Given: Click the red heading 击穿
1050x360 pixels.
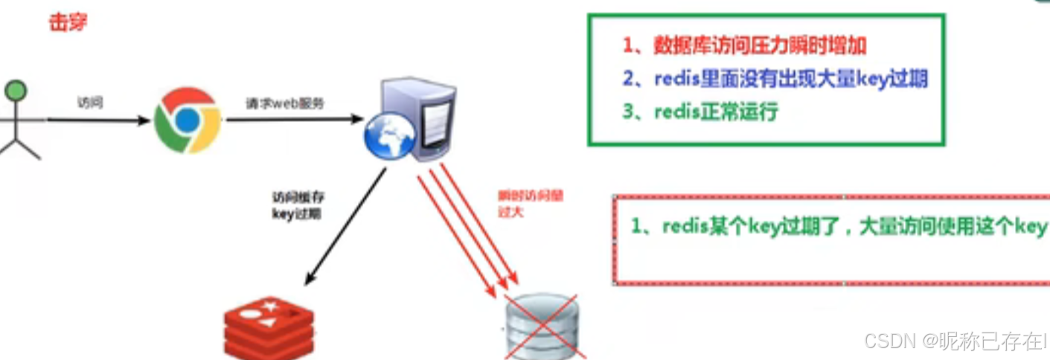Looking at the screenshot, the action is click(x=68, y=22).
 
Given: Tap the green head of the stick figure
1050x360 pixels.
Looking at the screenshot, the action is click(x=16, y=91).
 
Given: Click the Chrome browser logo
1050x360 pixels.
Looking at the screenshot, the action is click(x=187, y=120).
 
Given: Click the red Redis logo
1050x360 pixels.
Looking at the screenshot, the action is click(x=269, y=327).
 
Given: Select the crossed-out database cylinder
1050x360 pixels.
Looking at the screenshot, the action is click(x=541, y=325).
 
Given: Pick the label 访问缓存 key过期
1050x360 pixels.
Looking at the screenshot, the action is click(x=298, y=206).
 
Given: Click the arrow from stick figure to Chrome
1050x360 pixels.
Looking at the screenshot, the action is click(x=97, y=119).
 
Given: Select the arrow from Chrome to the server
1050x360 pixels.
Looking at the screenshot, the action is click(x=294, y=118).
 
